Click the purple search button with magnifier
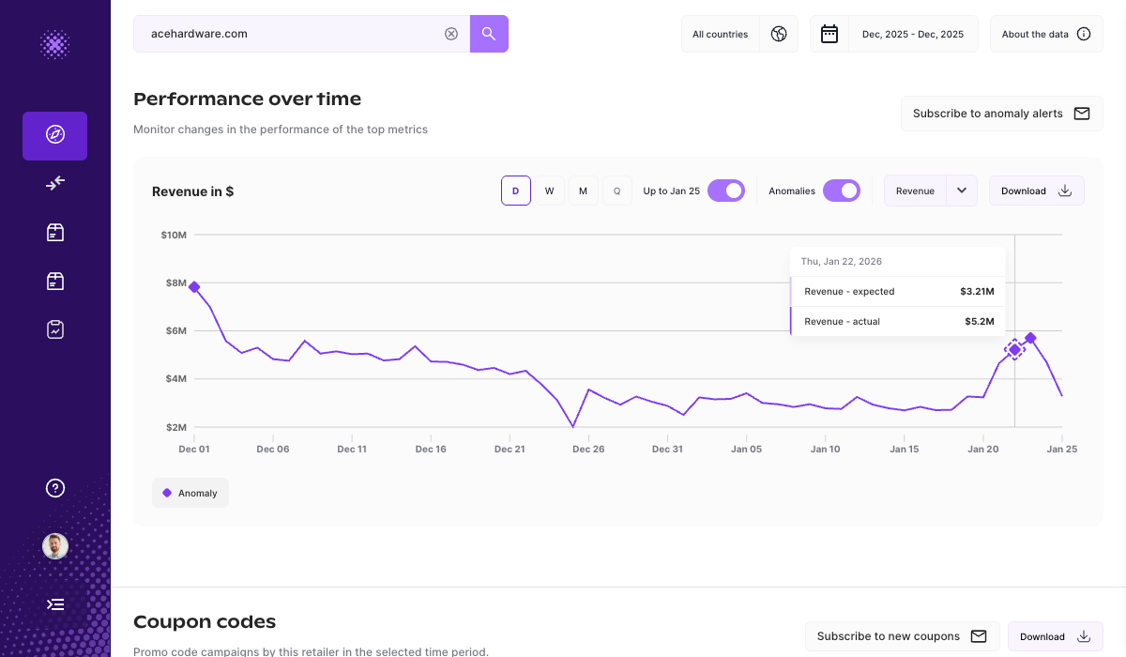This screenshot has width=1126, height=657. pos(489,34)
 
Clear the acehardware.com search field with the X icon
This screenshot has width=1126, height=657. pos(451,34)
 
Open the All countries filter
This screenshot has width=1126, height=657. pos(739,34)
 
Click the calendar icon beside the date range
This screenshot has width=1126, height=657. pos(829,34)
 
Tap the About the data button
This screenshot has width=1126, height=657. pos(1045,34)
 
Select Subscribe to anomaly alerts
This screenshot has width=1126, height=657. pos(1001,114)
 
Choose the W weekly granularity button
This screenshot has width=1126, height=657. pos(550,191)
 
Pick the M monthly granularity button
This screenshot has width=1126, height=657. pos(583,191)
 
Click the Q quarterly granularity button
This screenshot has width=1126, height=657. pos(616,191)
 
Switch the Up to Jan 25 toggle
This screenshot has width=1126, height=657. pos(726,191)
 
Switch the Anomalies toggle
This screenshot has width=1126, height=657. pos(842,191)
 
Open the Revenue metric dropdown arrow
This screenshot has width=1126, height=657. pos(962,191)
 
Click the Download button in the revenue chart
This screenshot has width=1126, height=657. pos(1036,191)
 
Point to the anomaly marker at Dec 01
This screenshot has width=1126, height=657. pos(194,287)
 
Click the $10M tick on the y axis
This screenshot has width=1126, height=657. pos(174,235)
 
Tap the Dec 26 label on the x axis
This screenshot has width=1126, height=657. pos(588,450)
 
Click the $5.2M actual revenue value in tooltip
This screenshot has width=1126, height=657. pos(979,321)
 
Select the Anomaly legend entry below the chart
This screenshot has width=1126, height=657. pos(190,493)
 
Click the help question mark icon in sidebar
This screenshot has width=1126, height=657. pos(55,488)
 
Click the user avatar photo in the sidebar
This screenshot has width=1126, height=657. pos(55,546)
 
